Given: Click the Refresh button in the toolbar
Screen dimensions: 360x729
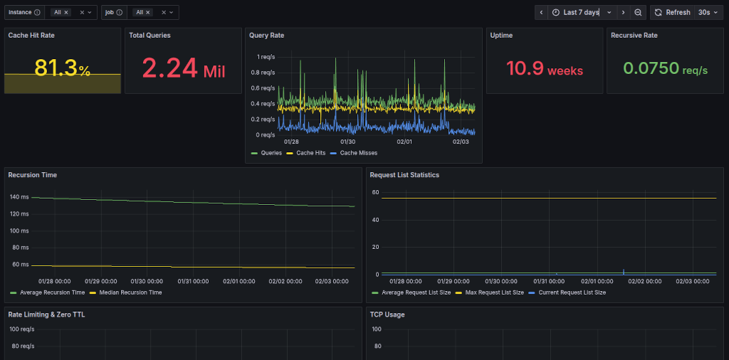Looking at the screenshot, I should point(671,12).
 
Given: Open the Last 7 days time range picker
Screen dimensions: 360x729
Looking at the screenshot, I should point(581,12).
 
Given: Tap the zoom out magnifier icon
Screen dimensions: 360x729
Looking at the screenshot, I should point(638,12).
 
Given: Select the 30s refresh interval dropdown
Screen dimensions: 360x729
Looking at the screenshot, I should point(708,12).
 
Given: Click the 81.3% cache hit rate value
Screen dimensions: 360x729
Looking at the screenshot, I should point(63,68).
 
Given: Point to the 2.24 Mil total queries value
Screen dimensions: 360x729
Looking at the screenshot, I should point(184,69).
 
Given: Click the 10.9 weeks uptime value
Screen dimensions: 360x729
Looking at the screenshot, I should point(545,69).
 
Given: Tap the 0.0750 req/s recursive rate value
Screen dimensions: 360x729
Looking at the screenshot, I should point(665,69).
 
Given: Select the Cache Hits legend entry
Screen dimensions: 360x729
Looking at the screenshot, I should point(310,152).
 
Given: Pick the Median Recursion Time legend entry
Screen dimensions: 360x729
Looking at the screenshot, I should point(129,292).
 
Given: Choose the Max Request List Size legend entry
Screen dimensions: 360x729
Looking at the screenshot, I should point(493,292).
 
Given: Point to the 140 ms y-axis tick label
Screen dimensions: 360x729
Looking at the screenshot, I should point(19,196).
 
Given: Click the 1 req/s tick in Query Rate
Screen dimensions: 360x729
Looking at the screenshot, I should point(266,56).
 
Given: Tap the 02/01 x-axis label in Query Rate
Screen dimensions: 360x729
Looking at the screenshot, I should point(404,142).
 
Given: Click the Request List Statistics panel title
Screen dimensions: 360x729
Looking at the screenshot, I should point(404,174).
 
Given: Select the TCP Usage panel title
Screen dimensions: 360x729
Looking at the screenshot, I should point(387,314).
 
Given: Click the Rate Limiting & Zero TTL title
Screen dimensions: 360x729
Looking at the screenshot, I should point(46,314).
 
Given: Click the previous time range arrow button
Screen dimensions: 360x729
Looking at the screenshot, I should point(541,12).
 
